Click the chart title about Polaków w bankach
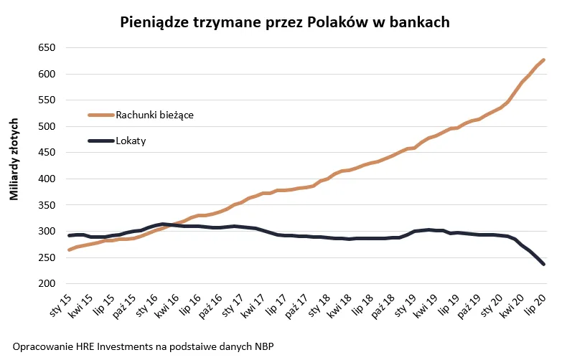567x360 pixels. [284, 22]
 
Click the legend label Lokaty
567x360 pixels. [131, 141]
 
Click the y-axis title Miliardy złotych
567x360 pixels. [14, 166]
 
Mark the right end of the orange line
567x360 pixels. [543, 60]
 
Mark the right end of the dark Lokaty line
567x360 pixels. [543, 264]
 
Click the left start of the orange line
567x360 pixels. [69, 250]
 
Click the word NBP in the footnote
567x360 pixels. [263, 346]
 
